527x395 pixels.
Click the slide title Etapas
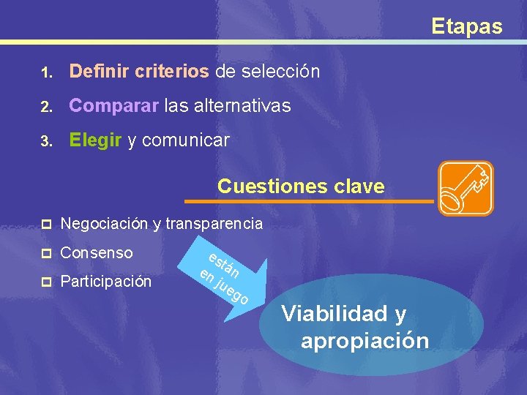click(x=466, y=27)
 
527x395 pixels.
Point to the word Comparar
click(x=113, y=106)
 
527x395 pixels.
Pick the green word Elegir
click(x=95, y=140)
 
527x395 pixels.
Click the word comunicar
click(x=185, y=140)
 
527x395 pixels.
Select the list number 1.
click(x=45, y=73)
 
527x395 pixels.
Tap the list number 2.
click(x=45, y=108)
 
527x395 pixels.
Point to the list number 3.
click(x=45, y=142)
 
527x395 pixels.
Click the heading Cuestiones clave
click(x=301, y=186)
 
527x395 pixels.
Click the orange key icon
click(x=465, y=188)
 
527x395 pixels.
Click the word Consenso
click(x=97, y=253)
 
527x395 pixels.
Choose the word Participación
click(x=106, y=282)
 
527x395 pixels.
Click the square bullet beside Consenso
click(x=45, y=254)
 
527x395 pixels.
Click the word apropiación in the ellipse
click(x=365, y=340)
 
